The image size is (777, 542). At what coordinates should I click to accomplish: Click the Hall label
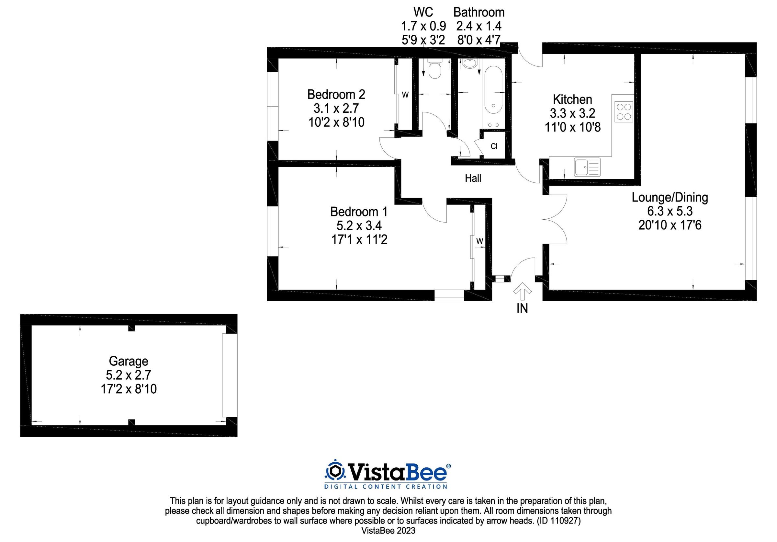tap(473, 179)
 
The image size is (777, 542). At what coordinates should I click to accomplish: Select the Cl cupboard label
tap(494, 146)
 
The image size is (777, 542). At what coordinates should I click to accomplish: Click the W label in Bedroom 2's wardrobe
tap(405, 95)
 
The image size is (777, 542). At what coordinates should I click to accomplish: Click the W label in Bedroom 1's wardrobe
tap(479, 241)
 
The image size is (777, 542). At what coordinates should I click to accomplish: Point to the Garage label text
tap(128, 361)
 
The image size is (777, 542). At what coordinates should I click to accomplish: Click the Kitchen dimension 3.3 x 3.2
tap(572, 113)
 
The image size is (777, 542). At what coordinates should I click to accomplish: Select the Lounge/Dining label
tap(670, 197)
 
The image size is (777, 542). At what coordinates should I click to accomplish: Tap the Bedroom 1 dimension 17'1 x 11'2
tap(359, 240)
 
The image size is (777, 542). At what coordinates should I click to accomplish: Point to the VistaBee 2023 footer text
tap(388, 530)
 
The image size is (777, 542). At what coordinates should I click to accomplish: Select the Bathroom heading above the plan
tap(479, 13)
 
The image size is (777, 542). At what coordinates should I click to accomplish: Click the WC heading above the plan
tap(423, 13)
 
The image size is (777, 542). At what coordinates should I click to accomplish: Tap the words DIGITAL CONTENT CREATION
tap(386, 487)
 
